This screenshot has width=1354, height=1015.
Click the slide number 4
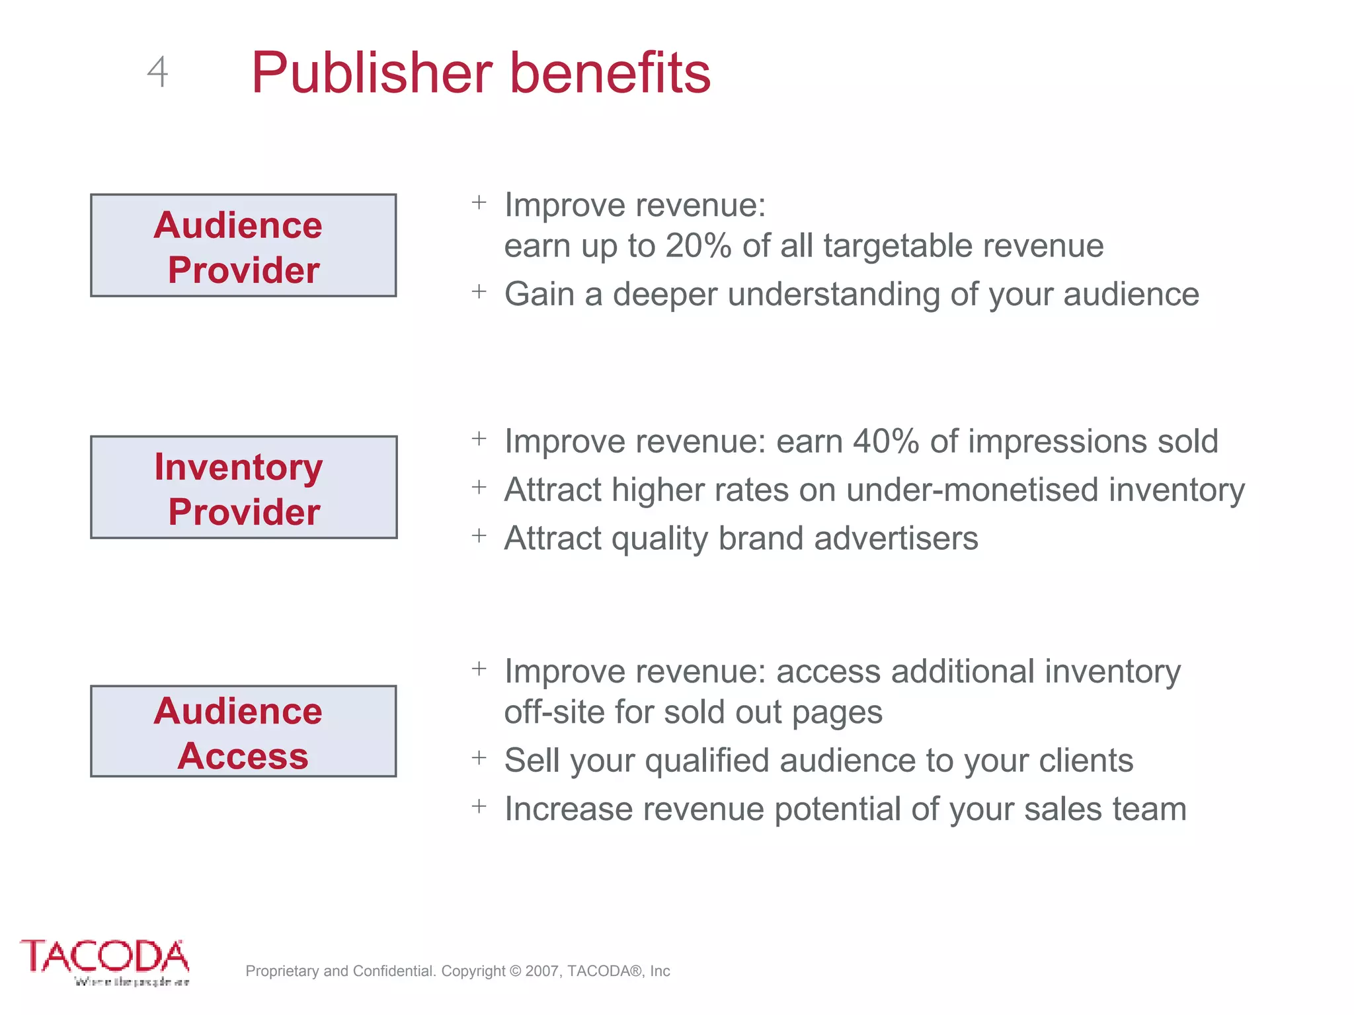point(157,72)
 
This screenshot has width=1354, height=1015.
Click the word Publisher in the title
point(372,73)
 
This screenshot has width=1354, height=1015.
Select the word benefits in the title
point(610,73)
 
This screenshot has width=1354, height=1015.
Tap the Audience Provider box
point(243,246)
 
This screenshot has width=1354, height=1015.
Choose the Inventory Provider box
point(243,488)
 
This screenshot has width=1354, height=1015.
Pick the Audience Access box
point(243,732)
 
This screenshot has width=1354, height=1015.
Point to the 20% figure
point(698,246)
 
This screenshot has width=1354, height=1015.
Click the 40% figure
point(885,441)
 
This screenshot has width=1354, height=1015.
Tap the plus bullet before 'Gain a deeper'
point(479,291)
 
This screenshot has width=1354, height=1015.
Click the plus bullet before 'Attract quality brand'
point(479,535)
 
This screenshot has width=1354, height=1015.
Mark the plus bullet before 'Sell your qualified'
point(479,757)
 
